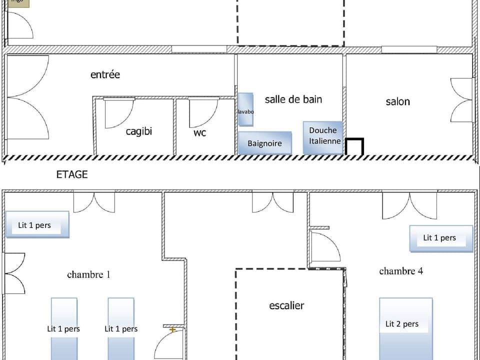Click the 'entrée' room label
[105, 74]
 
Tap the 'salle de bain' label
[293, 99]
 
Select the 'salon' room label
[397, 101]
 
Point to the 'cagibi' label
[138, 131]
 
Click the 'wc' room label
[199, 133]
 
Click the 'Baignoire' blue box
[264, 143]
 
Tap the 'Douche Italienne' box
[323, 136]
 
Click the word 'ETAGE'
[71, 174]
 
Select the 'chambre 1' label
[88, 274]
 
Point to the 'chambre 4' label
[401, 271]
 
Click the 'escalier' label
[286, 305]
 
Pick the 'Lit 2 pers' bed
[405, 328]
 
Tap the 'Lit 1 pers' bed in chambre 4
[440, 238]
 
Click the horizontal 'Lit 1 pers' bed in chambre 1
[36, 224]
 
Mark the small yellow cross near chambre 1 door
[172, 329]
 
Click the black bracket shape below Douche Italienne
[354, 146]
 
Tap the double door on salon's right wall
[461, 100]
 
